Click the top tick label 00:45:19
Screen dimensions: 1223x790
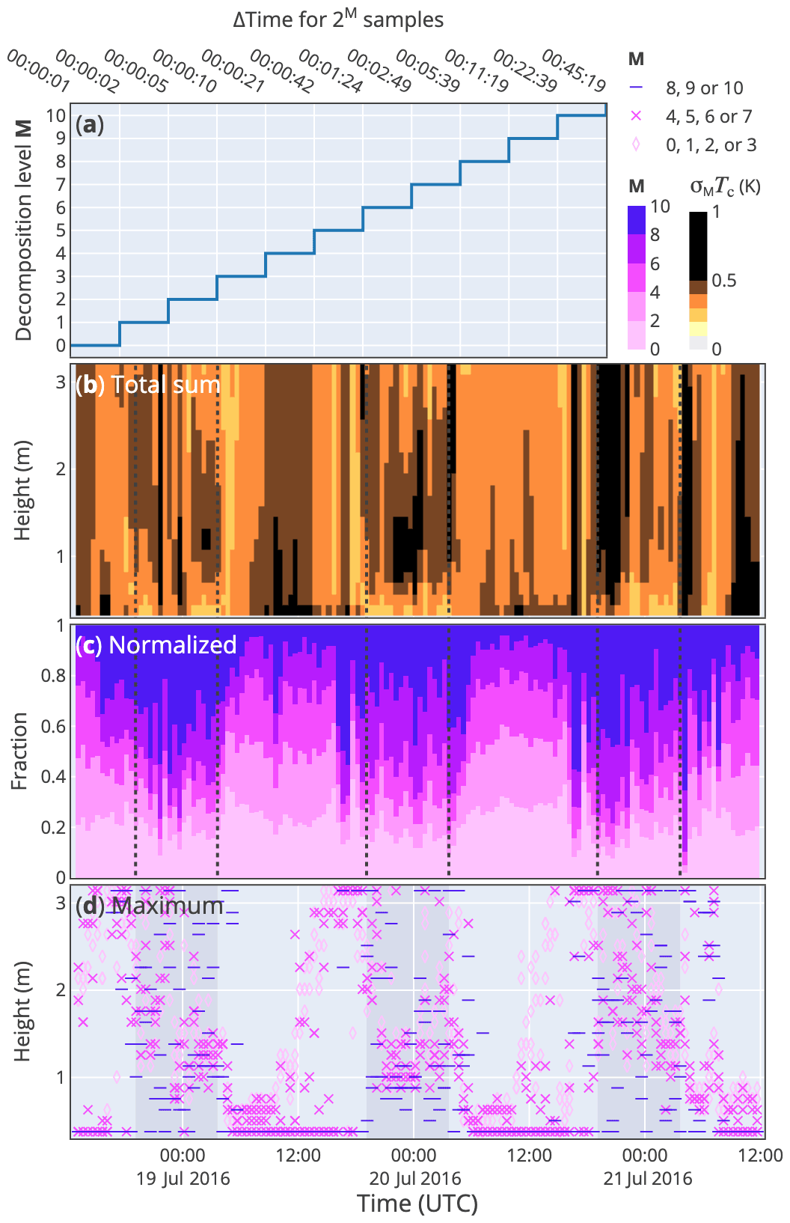coord(573,70)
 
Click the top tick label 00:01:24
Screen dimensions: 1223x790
coord(330,70)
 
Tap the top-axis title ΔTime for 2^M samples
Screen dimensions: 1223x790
coord(338,19)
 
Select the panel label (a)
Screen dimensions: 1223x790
coord(90,124)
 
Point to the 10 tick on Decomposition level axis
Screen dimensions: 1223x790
coord(56,115)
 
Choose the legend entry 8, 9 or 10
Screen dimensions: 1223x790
coord(704,88)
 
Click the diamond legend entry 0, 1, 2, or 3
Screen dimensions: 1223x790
coord(711,145)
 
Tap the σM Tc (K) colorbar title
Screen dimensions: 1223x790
coord(724,186)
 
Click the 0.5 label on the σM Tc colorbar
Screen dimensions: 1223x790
coord(723,281)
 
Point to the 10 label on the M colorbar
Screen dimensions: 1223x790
coord(660,207)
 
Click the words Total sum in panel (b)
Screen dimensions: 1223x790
coord(165,385)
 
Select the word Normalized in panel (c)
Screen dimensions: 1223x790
coord(173,645)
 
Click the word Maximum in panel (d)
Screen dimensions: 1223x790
coord(168,906)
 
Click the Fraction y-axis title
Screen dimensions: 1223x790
coord(20,751)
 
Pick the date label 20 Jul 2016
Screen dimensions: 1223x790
coord(415,1179)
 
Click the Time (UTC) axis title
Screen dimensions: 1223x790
coord(417,1204)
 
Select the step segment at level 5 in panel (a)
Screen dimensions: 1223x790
coord(338,230)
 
